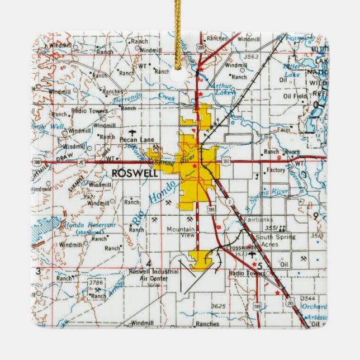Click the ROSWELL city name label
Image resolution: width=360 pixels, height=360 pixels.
(x=135, y=173)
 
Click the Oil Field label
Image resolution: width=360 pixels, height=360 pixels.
(x=296, y=96)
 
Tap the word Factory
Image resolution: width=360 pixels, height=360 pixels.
(x=276, y=170)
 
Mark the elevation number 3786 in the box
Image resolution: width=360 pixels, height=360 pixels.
(x=96, y=283)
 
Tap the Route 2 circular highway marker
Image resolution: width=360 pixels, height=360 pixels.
(x=229, y=200)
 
